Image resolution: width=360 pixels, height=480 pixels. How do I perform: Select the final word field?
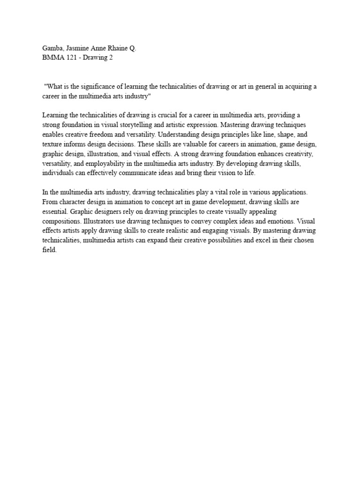click(x=49, y=250)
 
